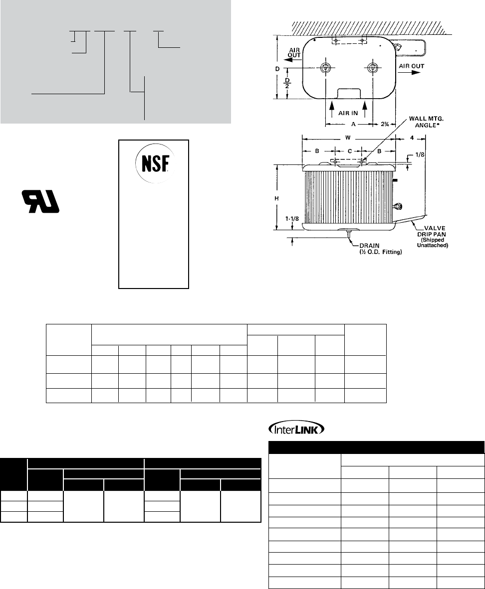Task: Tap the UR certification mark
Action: point(40,201)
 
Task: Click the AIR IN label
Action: point(348,113)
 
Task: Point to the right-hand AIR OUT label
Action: point(411,66)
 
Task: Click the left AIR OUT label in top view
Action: point(294,53)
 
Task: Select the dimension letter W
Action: point(348,138)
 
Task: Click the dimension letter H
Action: point(276,198)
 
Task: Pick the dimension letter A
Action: point(353,124)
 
